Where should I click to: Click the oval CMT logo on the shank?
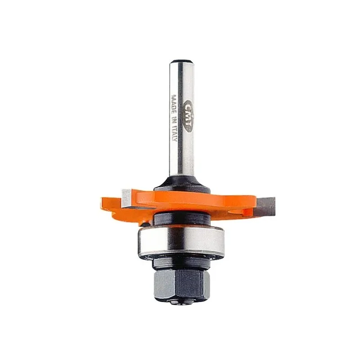189,117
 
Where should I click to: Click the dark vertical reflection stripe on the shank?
181,119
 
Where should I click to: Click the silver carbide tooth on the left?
126,198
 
